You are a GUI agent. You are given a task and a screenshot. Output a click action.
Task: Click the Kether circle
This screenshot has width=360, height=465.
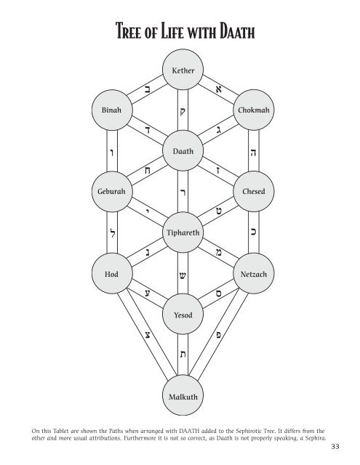183,72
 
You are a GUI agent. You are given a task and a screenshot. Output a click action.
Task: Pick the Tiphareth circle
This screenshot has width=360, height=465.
183,233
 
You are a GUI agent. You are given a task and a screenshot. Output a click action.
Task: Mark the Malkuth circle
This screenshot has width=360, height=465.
183,397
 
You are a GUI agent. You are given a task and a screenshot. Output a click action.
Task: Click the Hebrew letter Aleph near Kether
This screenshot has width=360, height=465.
217,89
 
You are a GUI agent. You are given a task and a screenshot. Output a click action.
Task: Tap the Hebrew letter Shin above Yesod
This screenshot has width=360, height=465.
183,276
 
